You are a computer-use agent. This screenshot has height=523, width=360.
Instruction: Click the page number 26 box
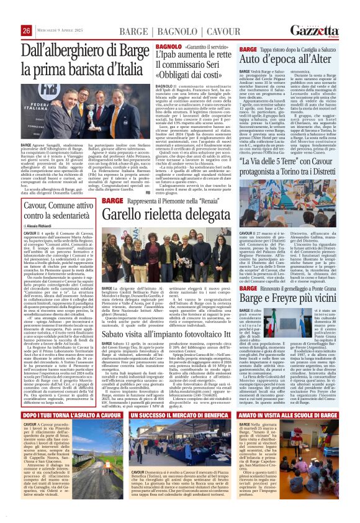(x=27, y=31)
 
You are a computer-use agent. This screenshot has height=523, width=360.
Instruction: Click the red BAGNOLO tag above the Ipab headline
(x=168, y=47)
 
